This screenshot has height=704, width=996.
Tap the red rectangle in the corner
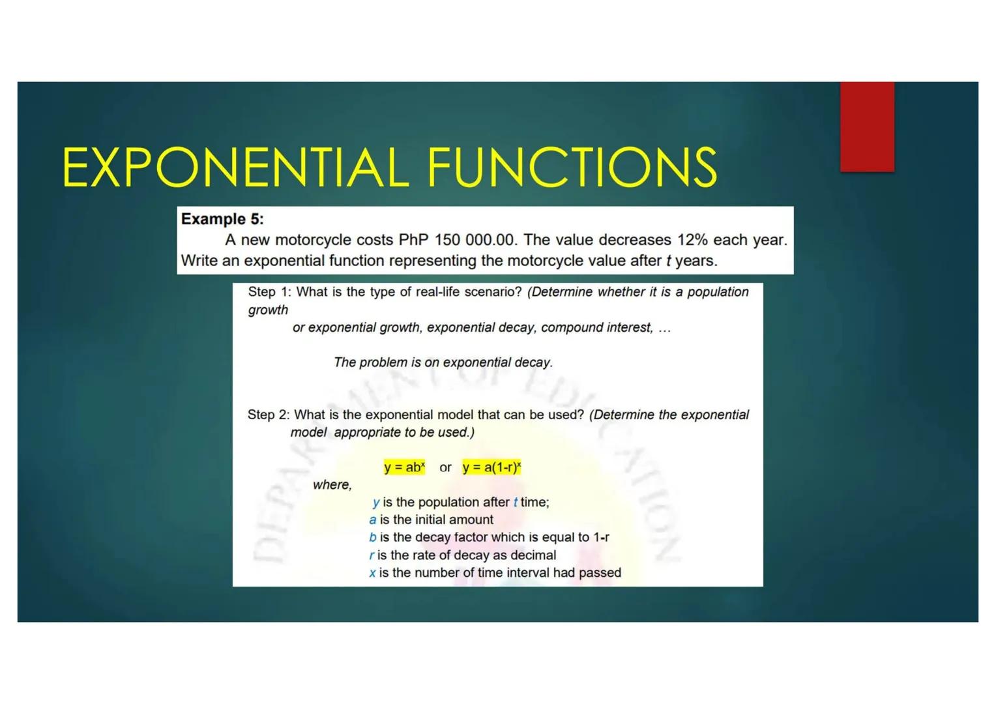point(866,127)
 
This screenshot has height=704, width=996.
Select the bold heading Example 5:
point(222,219)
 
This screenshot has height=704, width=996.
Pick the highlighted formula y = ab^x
point(404,467)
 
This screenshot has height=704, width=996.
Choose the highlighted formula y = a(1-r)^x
point(491,467)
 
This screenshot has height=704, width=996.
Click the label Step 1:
point(269,292)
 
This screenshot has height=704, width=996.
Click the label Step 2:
point(268,415)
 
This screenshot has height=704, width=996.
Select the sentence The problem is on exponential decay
point(443,362)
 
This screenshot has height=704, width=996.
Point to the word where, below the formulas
point(332,485)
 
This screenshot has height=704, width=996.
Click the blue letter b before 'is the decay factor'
point(372,538)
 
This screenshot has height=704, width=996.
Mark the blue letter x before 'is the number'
point(372,573)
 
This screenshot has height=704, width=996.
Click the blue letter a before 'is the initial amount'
point(372,520)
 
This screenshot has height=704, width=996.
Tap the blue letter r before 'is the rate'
point(372,555)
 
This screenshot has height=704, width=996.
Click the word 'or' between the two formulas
point(445,467)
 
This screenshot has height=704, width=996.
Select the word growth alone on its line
point(268,310)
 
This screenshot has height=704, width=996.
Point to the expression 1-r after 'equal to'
point(601,538)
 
